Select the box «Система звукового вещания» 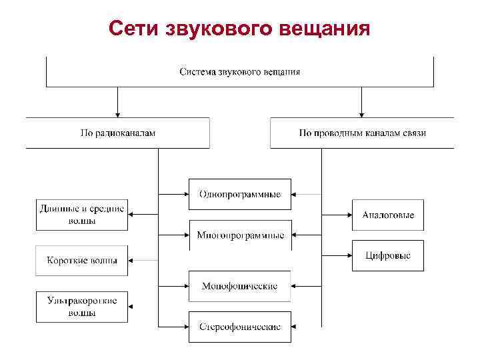click(x=240, y=72)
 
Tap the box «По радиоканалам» click(x=117, y=133)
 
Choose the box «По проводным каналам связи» click(x=362, y=133)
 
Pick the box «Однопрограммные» click(x=240, y=194)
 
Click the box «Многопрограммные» click(x=240, y=235)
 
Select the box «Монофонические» click(x=240, y=286)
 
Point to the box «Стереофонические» click(x=240, y=327)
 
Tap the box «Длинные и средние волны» click(x=81, y=215)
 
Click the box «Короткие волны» click(x=81, y=261)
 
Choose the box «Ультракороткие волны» click(x=81, y=307)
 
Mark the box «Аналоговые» click(x=388, y=215)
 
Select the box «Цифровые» click(x=388, y=255)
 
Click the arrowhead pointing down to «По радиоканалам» click(x=117, y=114)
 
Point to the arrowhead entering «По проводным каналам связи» click(x=362, y=114)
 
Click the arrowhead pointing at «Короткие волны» click(x=132, y=261)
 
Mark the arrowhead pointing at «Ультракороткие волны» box click(x=132, y=307)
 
